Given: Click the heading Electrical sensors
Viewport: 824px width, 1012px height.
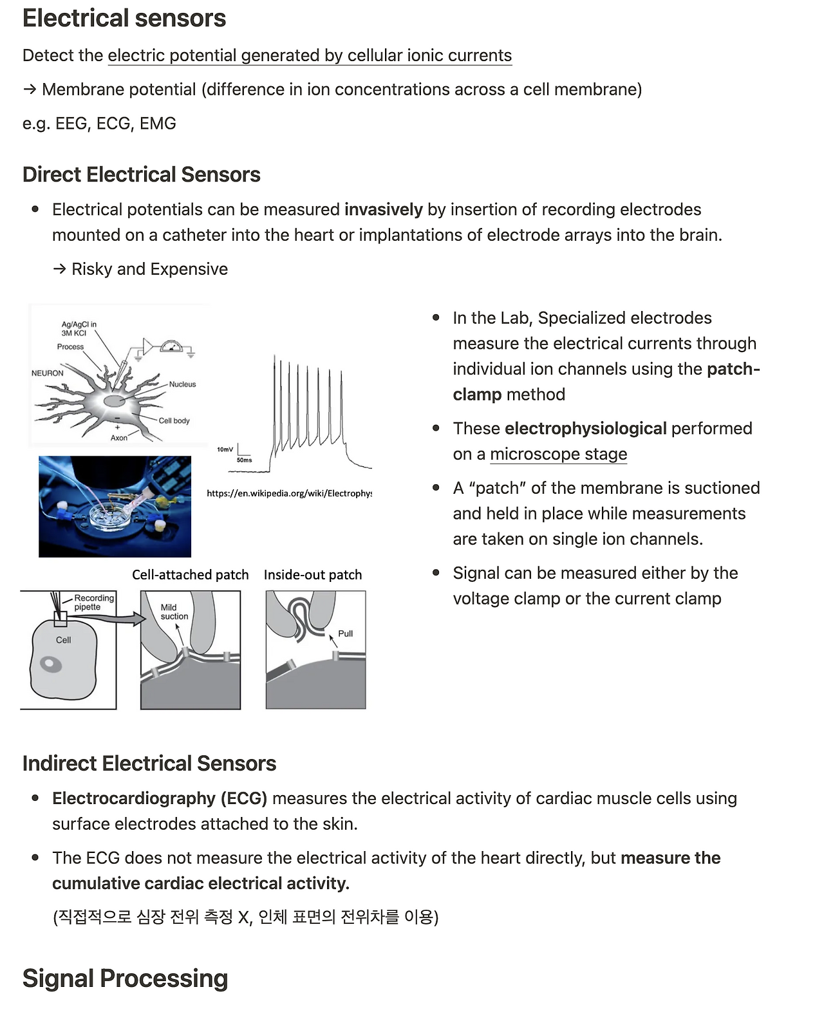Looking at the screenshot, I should tap(124, 19).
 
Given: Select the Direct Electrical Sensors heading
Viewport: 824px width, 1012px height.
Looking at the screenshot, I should tap(141, 174).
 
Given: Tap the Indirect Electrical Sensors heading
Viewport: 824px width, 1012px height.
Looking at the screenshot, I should tap(149, 763).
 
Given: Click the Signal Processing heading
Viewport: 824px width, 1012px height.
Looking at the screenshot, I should tap(125, 978).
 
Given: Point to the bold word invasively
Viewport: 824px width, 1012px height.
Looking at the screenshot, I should tap(383, 209).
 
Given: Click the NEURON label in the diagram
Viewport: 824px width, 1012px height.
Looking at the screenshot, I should tap(48, 373).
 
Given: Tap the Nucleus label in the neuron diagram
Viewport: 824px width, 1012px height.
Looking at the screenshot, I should tap(182, 384).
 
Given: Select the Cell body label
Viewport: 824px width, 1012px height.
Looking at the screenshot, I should tap(174, 420).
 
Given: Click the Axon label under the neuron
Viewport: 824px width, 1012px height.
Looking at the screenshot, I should tap(118, 438).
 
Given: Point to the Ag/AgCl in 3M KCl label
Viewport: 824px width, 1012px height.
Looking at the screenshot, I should tap(79, 328).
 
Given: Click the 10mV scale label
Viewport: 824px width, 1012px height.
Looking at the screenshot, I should tap(225, 449).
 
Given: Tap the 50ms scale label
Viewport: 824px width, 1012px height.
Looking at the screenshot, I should tap(244, 460).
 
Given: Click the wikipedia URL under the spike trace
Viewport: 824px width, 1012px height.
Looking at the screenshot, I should tap(289, 493).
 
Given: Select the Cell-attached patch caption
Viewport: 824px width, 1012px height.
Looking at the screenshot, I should tap(190, 575).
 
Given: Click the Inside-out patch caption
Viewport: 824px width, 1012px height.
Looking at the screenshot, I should tap(313, 575).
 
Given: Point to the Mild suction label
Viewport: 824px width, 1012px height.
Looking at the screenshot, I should tap(174, 612).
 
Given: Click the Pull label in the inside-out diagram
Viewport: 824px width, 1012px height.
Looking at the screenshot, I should tap(345, 633).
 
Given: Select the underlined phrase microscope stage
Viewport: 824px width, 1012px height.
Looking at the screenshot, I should tap(558, 454).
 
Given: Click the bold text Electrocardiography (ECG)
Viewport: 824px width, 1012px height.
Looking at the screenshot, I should tap(159, 798).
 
